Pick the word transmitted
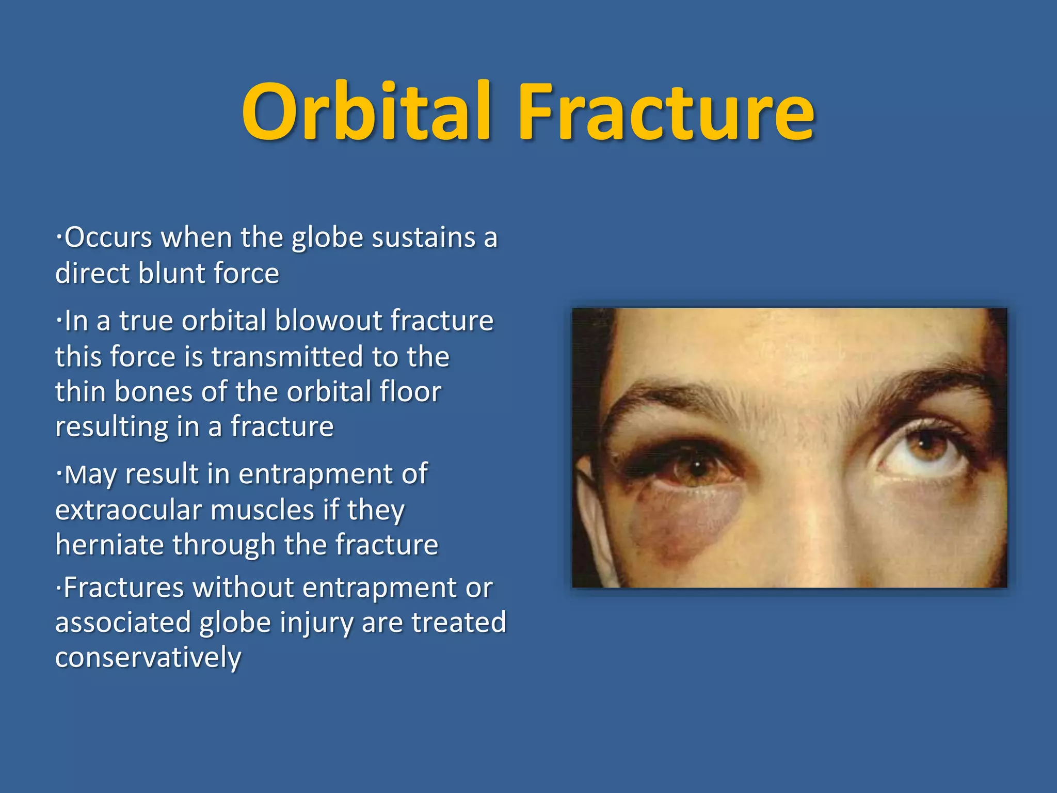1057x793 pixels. point(287,357)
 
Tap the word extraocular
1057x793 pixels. point(129,510)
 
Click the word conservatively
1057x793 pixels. point(148,658)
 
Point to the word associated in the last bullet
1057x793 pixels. point(123,623)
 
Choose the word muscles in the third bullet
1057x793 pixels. point(262,510)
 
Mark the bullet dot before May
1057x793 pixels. point(59,474)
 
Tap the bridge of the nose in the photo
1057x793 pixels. point(805,465)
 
